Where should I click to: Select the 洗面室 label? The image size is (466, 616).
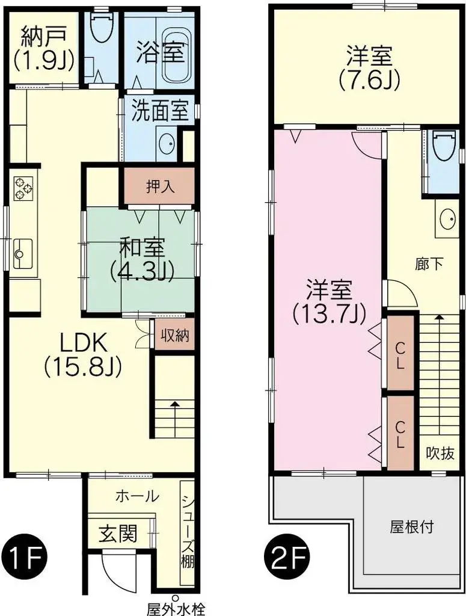tap(161, 112)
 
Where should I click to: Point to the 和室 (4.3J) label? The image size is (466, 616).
tap(142, 259)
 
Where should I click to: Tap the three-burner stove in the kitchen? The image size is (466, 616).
tap(23, 186)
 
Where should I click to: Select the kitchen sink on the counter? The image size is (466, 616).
tap(23, 253)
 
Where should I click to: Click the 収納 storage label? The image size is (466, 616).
tap(174, 336)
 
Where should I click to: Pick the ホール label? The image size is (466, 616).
tap(136, 497)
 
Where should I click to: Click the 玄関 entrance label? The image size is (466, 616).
tap(118, 533)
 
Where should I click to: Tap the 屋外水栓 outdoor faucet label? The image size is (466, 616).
tap(176, 609)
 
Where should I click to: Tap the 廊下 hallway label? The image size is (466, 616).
tap(429, 263)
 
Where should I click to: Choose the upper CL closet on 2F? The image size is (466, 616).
tap(400, 354)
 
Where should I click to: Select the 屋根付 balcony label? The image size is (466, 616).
tap(412, 528)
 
